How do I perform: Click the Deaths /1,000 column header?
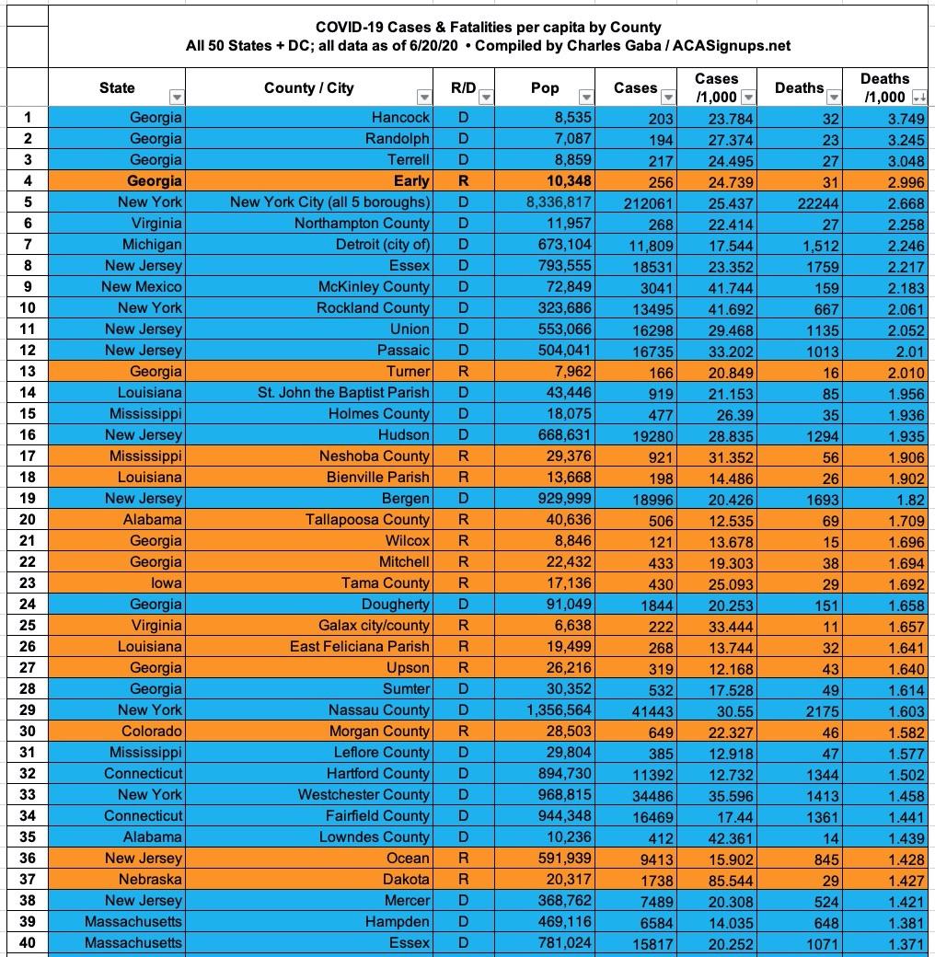tap(883, 87)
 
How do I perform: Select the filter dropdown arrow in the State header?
tap(177, 98)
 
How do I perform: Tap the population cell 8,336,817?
tap(552, 202)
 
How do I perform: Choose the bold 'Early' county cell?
tap(410, 181)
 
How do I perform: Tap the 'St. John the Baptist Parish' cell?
tap(343, 393)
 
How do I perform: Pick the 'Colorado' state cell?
tap(151, 731)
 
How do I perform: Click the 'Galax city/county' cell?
tap(374, 625)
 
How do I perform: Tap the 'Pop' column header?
tap(545, 88)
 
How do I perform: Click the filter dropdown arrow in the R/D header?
tap(485, 98)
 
